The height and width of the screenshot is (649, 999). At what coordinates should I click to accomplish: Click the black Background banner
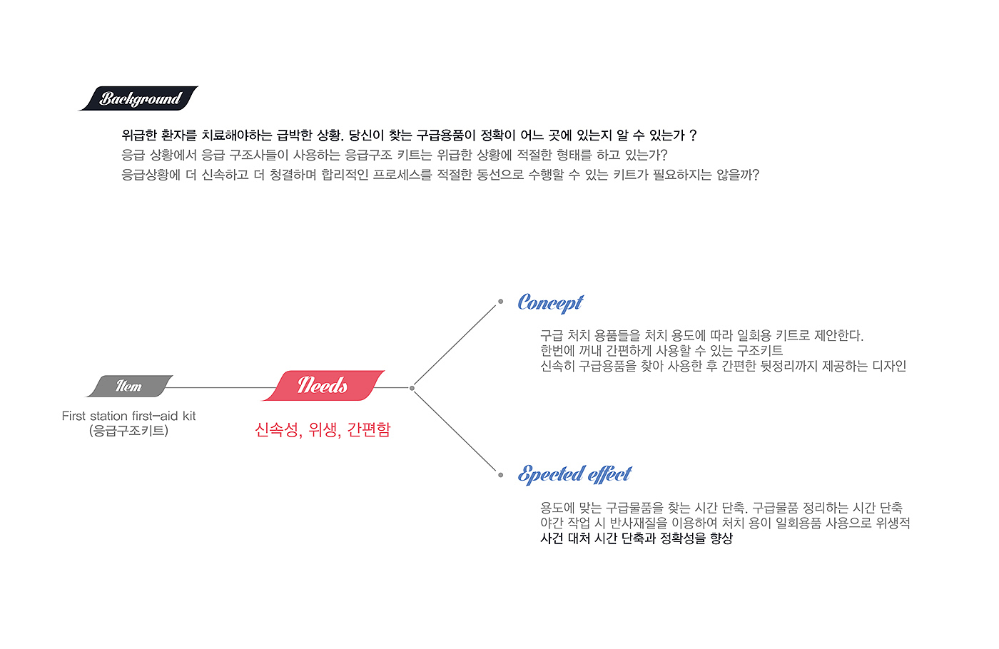(138, 98)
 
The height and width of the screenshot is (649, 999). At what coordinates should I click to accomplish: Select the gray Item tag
(129, 386)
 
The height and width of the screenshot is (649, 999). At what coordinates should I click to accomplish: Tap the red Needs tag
(323, 386)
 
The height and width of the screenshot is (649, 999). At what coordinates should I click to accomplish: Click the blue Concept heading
(550, 303)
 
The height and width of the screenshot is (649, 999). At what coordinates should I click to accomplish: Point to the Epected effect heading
(574, 474)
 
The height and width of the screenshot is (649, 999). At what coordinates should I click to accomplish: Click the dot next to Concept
(500, 302)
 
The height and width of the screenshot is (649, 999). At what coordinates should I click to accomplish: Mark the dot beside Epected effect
(500, 474)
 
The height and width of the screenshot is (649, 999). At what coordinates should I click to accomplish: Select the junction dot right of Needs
(412, 388)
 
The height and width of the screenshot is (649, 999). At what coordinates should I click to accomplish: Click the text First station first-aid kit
(128, 416)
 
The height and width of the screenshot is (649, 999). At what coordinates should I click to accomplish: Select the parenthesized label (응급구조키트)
(128, 431)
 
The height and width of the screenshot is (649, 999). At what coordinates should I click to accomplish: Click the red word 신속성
(276, 429)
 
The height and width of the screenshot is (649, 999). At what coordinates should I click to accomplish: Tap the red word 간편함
(369, 429)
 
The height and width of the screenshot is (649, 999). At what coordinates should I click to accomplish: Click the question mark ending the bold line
(693, 136)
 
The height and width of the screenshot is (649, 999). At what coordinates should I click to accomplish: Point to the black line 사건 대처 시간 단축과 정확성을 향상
(637, 538)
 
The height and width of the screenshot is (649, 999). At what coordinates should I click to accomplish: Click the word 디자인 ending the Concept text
(889, 366)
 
